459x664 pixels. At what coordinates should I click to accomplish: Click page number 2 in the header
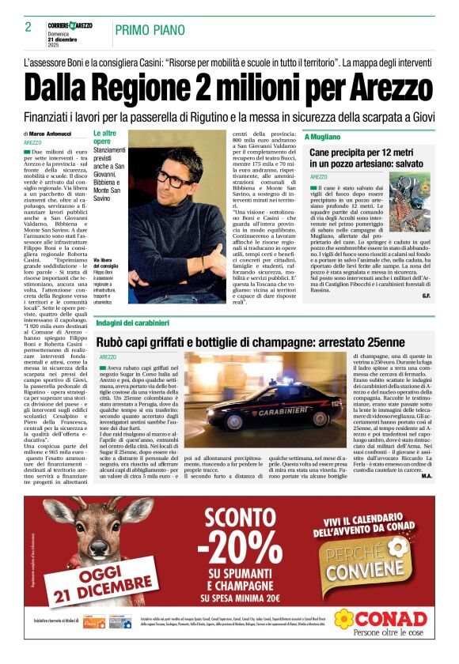(28, 26)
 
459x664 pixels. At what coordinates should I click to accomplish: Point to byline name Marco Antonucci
(50, 134)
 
